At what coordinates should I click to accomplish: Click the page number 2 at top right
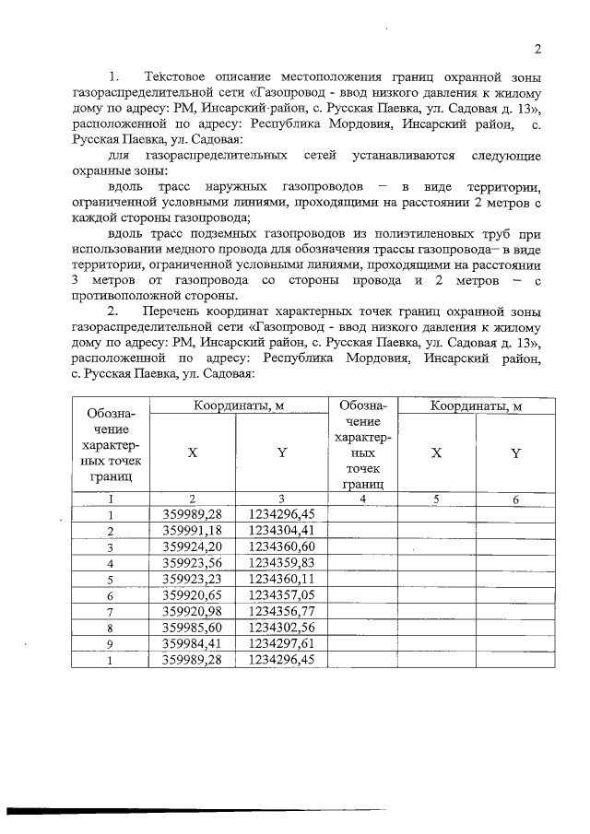pos(537,49)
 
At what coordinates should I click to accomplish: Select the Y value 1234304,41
pos(282,531)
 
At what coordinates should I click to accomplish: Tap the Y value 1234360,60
pos(282,546)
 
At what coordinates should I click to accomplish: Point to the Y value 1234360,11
pos(282,579)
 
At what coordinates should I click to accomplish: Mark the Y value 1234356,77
pos(282,611)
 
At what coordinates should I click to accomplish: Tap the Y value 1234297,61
pos(282,643)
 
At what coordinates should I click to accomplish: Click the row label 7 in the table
pos(111,611)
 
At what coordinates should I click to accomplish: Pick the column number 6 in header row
pos(516,499)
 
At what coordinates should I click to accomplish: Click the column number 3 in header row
pos(282,499)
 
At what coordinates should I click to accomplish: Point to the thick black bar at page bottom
pos(184,812)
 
